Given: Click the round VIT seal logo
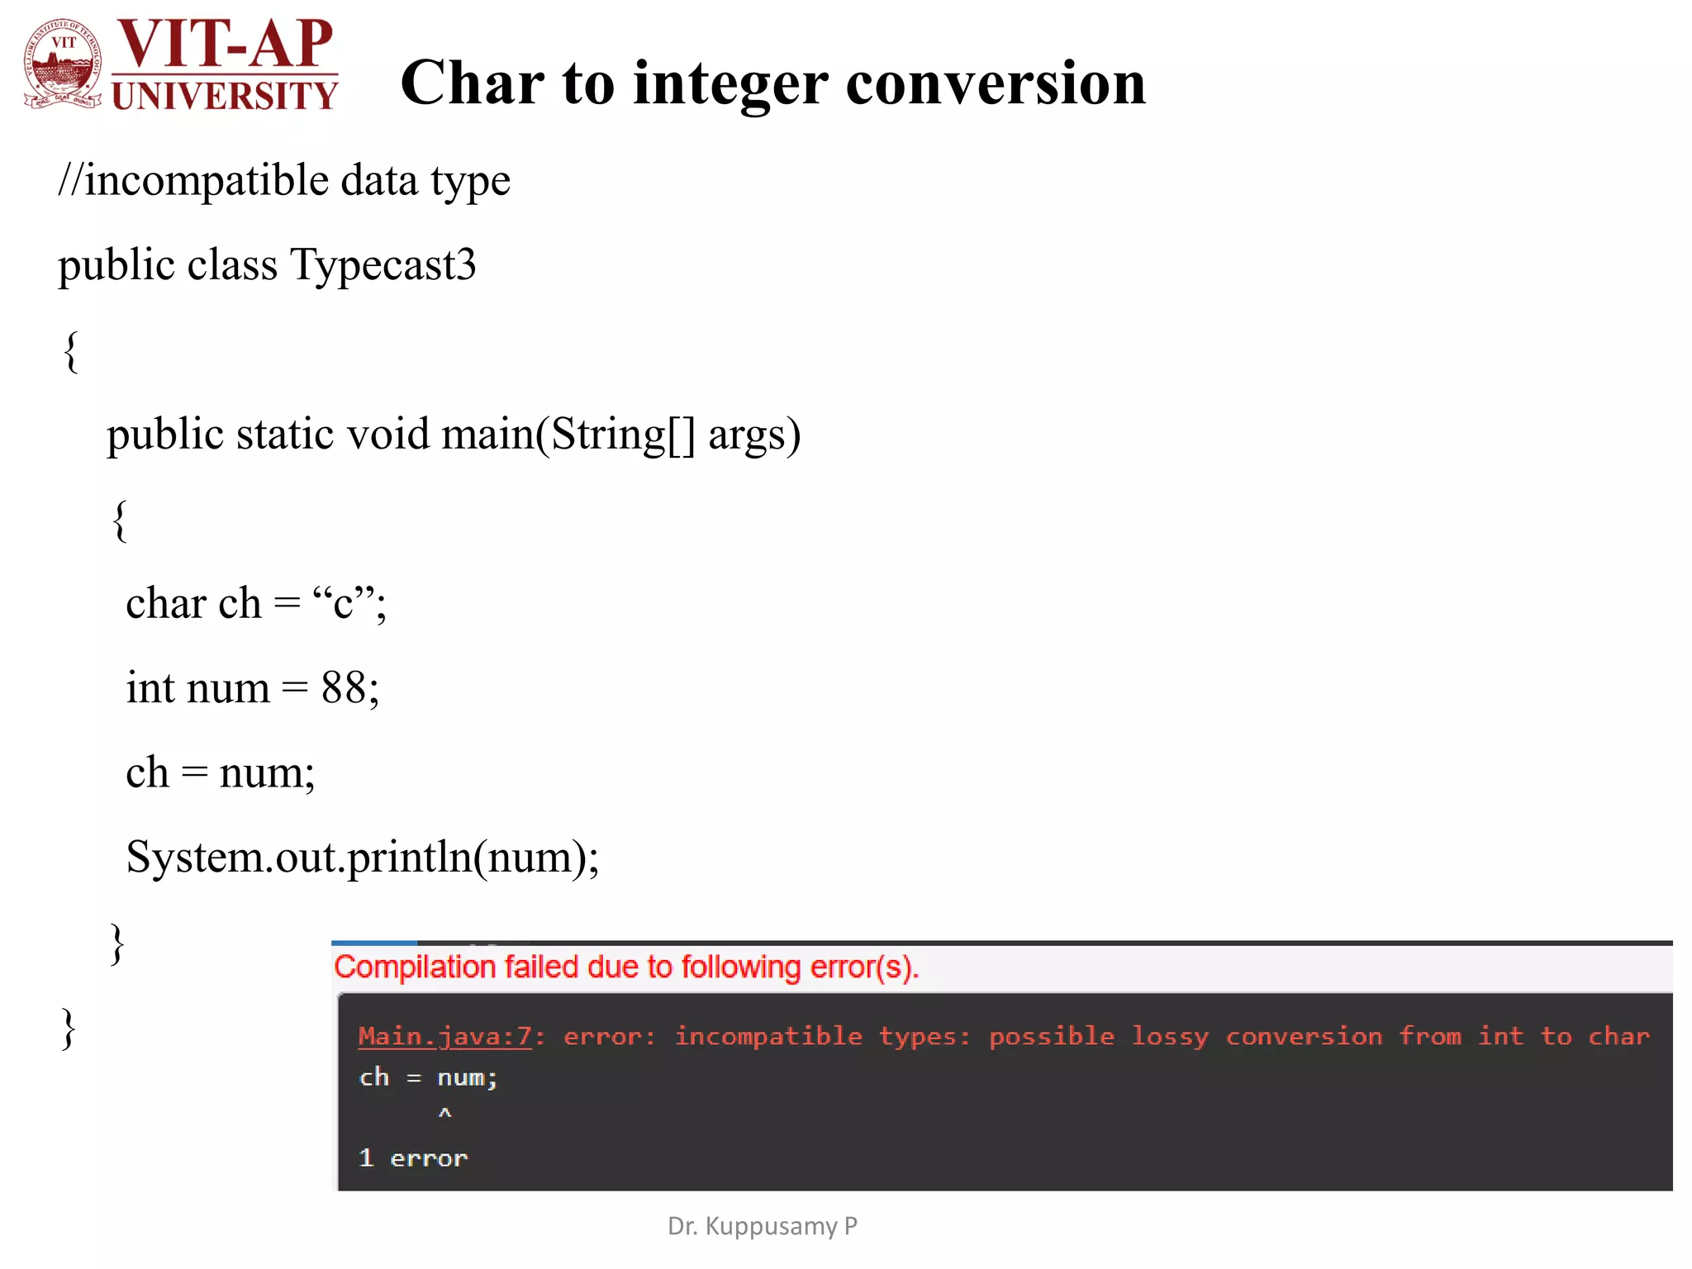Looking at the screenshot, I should [x=63, y=64].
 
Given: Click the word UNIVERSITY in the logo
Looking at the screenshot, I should [x=225, y=96].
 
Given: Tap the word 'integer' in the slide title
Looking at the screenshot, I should [x=730, y=84].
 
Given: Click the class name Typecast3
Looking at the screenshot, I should [x=383, y=265].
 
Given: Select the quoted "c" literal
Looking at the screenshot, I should [x=344, y=603].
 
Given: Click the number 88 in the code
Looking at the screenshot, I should [x=344, y=687].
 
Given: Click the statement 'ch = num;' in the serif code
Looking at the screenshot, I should [x=220, y=773].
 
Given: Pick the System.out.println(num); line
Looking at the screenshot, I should [x=362, y=858].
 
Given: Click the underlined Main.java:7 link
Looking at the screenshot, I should [x=445, y=1036].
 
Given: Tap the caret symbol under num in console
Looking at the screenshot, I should [x=444, y=1114].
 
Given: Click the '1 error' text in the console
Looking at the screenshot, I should [x=413, y=1158].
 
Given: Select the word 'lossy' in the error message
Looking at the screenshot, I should [x=1169, y=1036].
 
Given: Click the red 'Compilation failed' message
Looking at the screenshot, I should [x=626, y=967].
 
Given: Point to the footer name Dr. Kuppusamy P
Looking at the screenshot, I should [x=762, y=1226].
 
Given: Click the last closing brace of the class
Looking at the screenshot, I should [x=69, y=1029].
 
